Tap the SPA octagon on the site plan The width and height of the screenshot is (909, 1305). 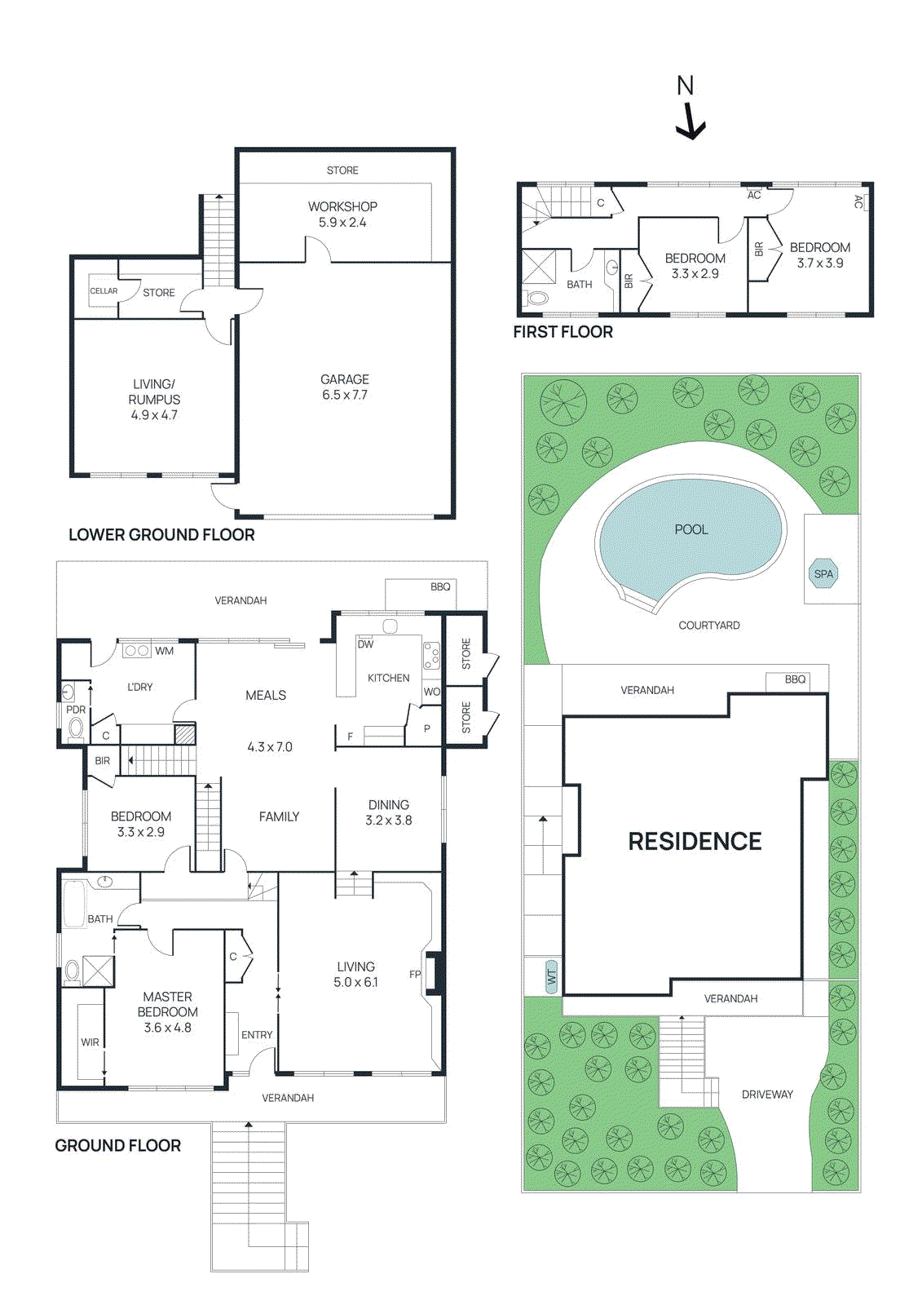click(823, 573)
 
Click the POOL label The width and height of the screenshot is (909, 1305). click(691, 529)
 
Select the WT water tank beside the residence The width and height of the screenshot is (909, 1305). click(552, 976)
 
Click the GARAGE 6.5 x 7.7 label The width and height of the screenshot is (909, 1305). click(344, 387)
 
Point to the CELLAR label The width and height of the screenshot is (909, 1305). click(104, 291)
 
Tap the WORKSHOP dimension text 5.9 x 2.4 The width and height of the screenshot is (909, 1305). click(342, 222)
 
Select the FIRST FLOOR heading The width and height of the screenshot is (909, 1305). click(563, 332)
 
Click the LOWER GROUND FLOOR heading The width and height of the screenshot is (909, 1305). click(161, 535)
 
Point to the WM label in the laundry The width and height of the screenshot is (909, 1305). click(165, 651)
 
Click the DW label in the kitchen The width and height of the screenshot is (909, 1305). click(365, 644)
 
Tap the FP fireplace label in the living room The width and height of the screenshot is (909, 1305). click(415, 975)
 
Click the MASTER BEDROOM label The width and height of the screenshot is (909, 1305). click(167, 1004)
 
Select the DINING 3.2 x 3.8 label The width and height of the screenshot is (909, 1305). click(389, 812)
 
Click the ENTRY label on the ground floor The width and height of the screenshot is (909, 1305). click(257, 1035)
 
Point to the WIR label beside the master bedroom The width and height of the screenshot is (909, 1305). click(90, 1042)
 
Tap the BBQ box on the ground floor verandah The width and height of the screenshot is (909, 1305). click(440, 587)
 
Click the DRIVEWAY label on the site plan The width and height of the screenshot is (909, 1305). click(767, 1095)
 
